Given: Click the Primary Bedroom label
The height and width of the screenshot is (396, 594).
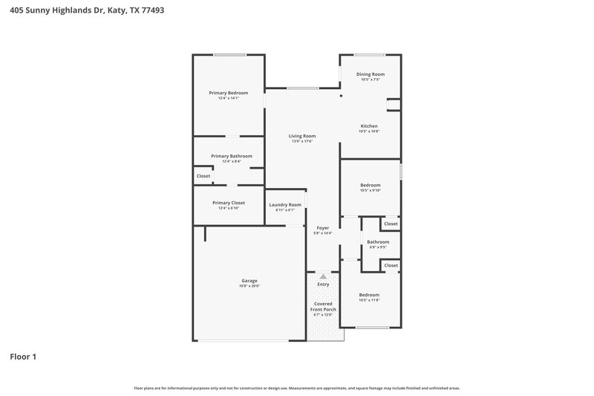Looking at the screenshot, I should [x=228, y=93].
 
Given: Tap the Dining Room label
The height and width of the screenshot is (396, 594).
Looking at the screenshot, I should [x=370, y=74].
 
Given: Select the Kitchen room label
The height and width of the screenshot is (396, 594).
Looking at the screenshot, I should [x=369, y=126].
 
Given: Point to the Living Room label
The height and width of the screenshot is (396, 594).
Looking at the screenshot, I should [x=302, y=136].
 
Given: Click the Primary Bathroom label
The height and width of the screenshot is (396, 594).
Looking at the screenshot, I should [x=231, y=156].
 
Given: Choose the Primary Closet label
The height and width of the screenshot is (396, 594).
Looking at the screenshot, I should [x=228, y=203].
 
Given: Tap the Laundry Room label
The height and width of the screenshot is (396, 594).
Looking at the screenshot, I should [x=285, y=204].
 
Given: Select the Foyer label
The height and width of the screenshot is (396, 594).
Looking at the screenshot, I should [x=322, y=228].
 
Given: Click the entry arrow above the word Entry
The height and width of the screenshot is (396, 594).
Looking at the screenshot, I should [x=323, y=276].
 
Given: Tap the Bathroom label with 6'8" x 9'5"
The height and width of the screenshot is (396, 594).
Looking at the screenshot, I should [x=378, y=241].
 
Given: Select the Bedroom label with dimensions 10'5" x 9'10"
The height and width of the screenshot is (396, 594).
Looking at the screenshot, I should [x=370, y=185].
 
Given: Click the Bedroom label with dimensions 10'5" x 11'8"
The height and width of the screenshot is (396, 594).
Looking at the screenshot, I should [x=369, y=295].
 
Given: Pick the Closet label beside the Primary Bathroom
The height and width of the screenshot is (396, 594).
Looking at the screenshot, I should [x=203, y=176].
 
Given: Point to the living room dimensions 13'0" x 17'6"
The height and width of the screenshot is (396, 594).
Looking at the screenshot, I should [x=302, y=141].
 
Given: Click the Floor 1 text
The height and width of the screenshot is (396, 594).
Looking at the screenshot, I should [x=23, y=357].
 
